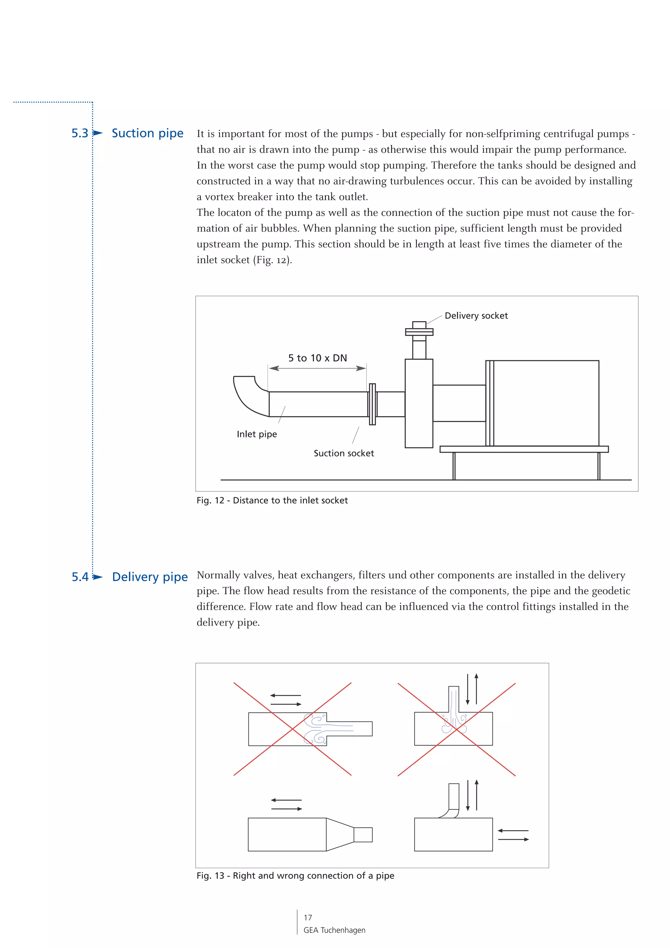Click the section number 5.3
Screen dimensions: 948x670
point(80,133)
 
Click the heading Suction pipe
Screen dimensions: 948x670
point(147,133)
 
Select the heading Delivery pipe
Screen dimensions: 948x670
point(150,577)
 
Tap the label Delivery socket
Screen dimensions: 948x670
point(476,316)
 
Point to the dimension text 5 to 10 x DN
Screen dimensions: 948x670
point(317,358)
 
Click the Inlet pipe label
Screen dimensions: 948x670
point(256,434)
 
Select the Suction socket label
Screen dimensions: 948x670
point(344,453)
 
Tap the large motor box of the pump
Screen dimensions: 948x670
point(545,403)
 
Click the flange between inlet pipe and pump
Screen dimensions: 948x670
point(372,404)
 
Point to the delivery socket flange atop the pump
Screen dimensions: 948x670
point(419,332)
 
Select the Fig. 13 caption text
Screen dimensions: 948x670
point(295,876)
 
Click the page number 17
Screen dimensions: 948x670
point(308,918)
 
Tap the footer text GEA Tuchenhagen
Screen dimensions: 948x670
point(334,930)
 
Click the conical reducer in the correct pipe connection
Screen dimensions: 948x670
point(340,834)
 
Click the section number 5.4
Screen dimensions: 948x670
point(80,577)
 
